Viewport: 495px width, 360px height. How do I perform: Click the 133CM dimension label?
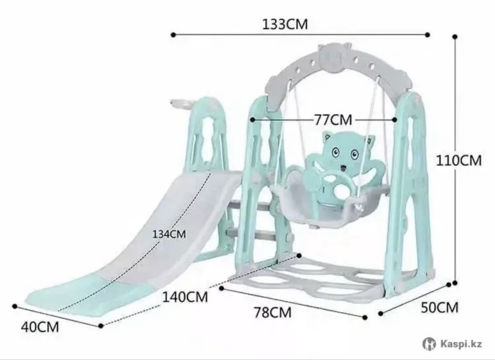click(x=285, y=24)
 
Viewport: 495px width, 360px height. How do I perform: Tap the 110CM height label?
click(x=458, y=160)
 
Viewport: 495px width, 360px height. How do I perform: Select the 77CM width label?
click(x=333, y=120)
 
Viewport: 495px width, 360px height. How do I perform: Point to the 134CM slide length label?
click(x=169, y=235)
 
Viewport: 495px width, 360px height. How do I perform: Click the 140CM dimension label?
click(x=185, y=297)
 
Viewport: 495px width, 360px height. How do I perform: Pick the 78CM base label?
click(x=273, y=312)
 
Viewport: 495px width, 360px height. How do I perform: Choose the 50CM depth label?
click(x=439, y=308)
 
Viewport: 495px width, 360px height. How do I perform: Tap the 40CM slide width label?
click(x=40, y=327)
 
